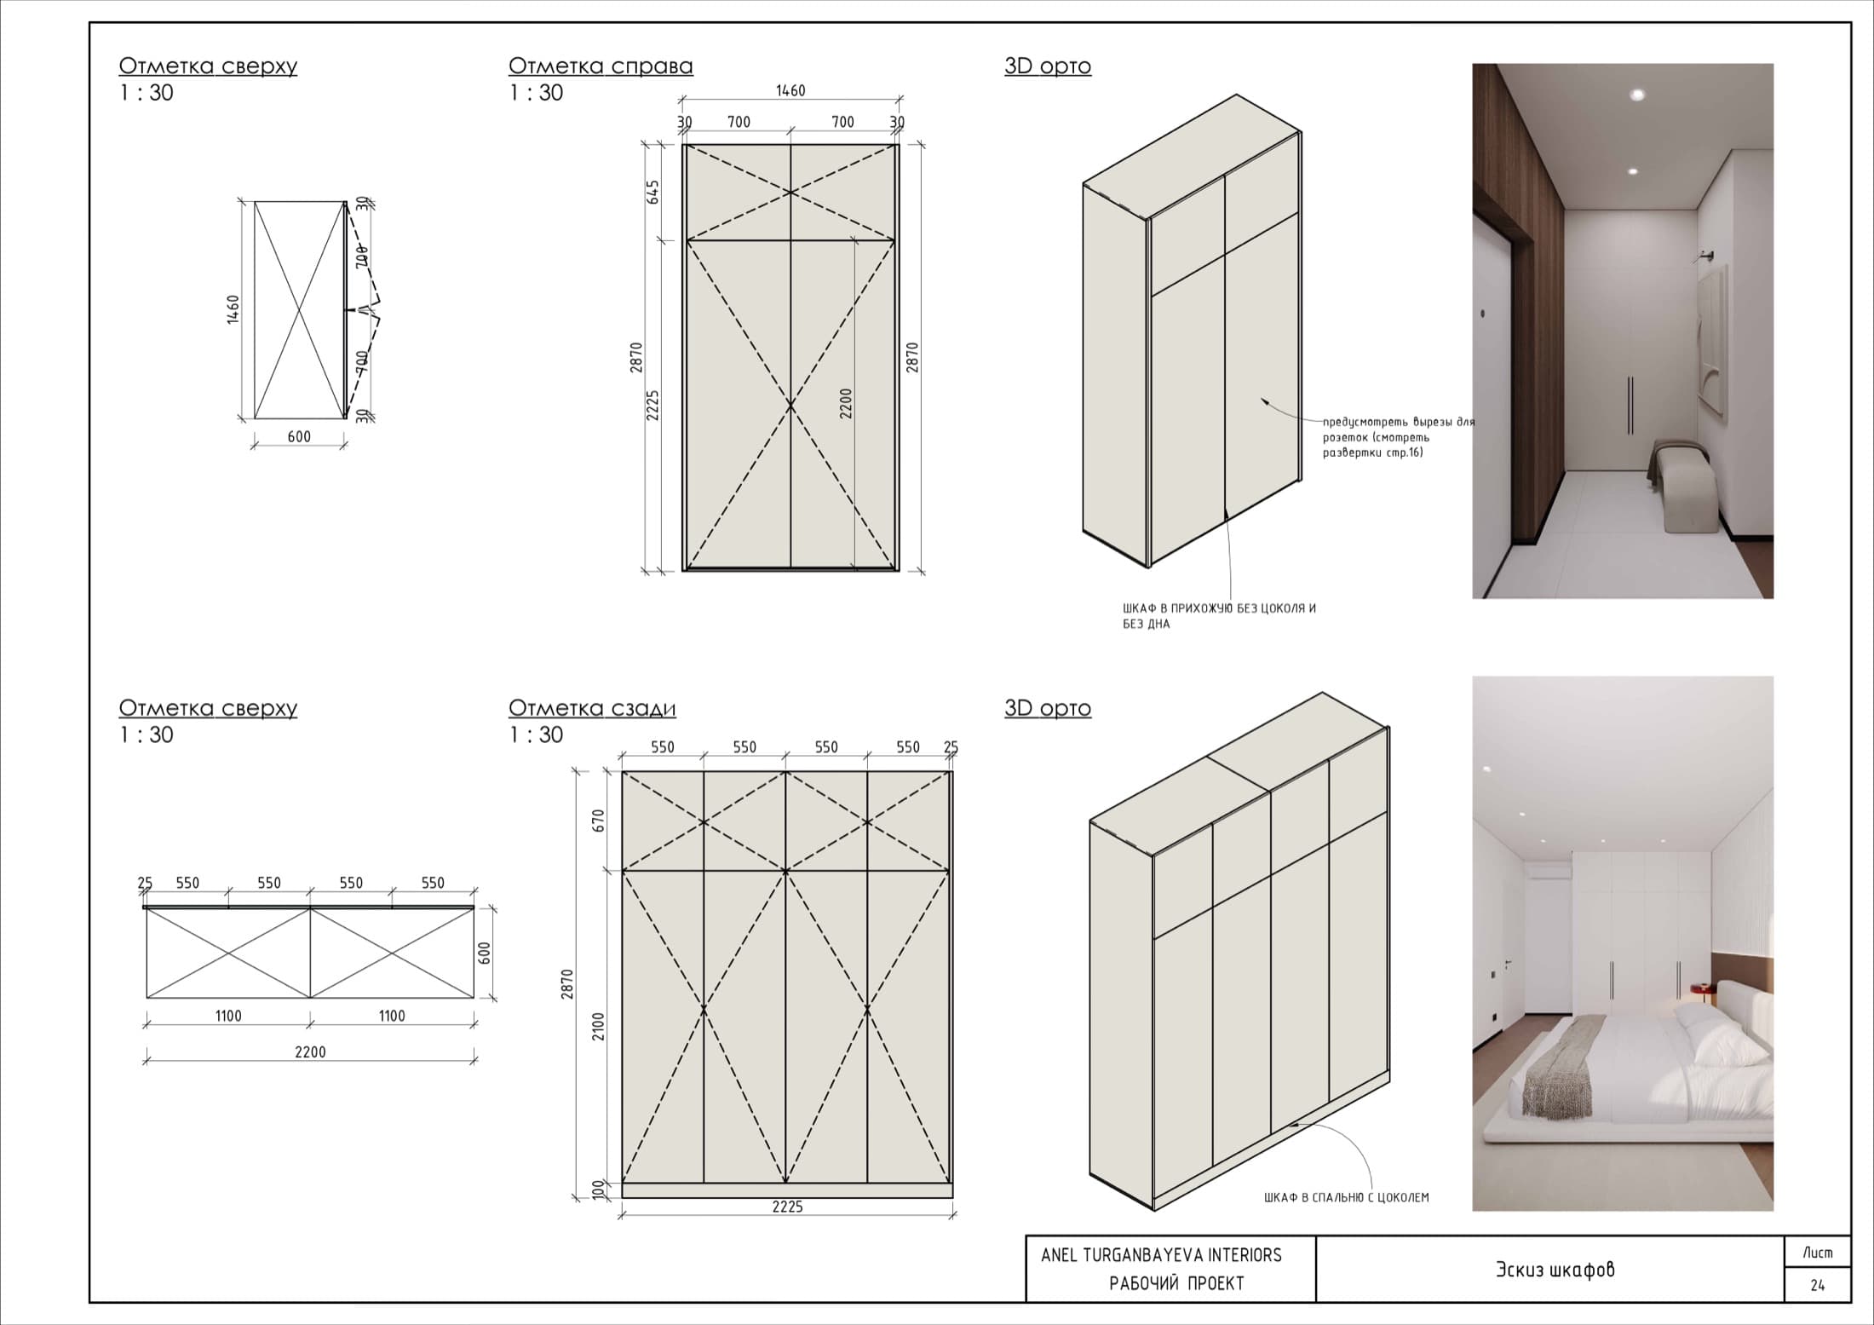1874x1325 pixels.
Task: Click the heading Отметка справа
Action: [601, 66]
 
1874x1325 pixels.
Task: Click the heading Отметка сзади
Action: [592, 708]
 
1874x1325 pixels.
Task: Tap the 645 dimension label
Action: [653, 192]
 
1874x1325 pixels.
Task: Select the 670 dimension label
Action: [598, 821]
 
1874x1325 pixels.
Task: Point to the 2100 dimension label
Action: [598, 1026]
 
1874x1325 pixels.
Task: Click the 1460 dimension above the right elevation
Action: [790, 90]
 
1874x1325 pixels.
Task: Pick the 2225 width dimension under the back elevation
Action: [787, 1207]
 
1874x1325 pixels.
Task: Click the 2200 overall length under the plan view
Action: [310, 1052]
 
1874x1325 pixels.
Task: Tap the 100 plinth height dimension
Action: [598, 1189]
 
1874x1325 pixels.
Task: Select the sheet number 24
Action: [1817, 1286]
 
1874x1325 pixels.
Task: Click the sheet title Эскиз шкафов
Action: [1555, 1270]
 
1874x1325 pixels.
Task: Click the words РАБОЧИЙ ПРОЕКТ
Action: [1176, 1283]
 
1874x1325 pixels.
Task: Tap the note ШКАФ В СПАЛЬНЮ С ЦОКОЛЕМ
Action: [1346, 1197]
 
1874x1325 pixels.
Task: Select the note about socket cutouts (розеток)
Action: [1398, 437]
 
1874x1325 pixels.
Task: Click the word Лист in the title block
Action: [1817, 1253]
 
